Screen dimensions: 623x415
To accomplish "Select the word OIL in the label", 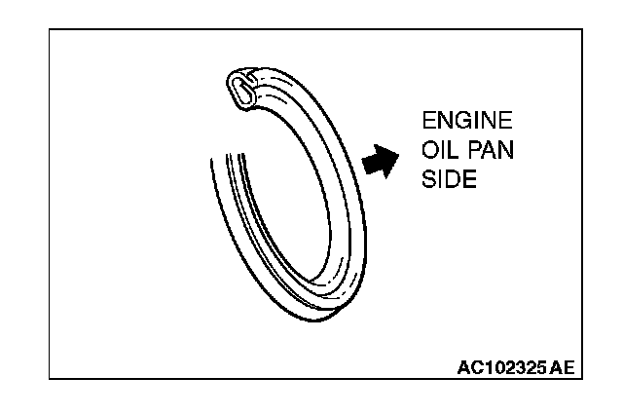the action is [437, 154].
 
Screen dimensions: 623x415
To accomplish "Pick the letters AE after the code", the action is [562, 368].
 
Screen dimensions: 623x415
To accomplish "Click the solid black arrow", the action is [381, 161].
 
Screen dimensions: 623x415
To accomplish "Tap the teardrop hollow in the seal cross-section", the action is [239, 89].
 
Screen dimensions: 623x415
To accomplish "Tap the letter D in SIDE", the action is [456, 182].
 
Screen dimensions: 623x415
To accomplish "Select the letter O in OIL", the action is [428, 154].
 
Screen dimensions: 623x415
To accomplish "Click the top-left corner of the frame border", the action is [50, 27].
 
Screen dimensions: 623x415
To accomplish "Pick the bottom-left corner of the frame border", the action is [50, 379].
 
